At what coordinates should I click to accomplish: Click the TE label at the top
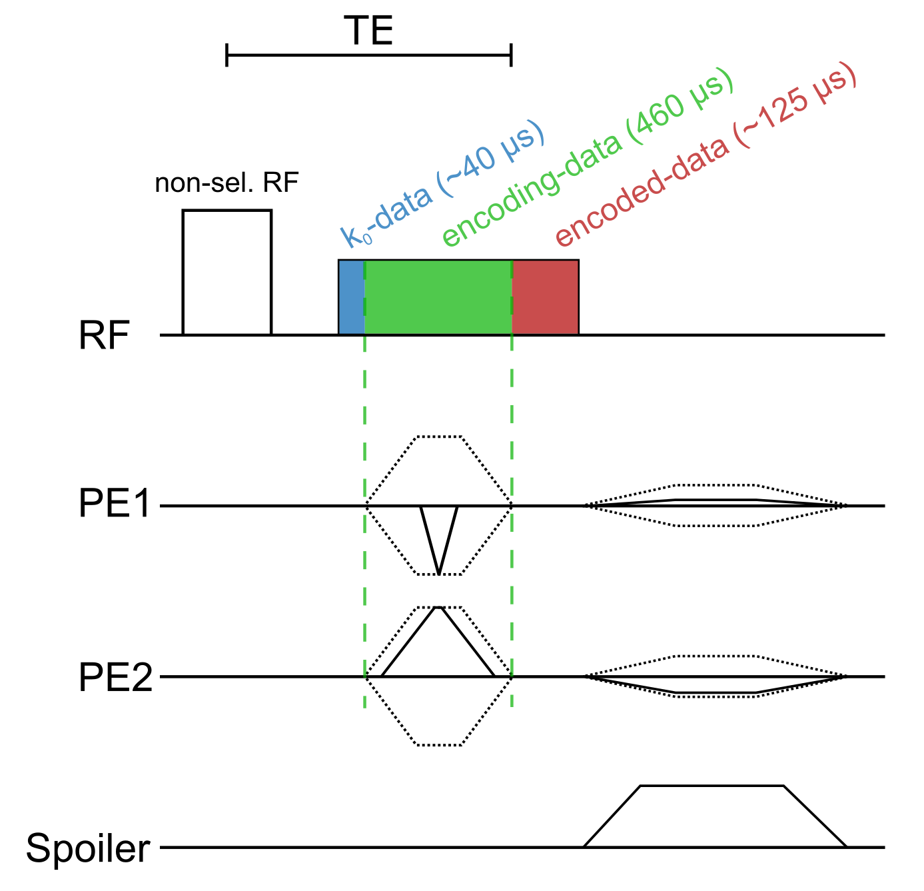coord(368,31)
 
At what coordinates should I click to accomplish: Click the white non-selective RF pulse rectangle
coord(227,273)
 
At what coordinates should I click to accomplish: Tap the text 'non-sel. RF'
coord(227,183)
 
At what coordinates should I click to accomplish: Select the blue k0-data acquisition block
coord(351,297)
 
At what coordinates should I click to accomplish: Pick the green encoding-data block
coord(438,297)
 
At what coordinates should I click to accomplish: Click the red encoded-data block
coord(546,297)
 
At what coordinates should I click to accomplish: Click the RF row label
coord(103,337)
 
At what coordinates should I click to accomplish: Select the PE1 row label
coord(115,504)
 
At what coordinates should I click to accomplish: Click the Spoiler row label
coord(88,849)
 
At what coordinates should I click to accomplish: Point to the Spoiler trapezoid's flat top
coord(711,786)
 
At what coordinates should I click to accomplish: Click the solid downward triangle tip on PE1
coord(438,572)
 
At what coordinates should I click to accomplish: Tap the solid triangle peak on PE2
coord(438,608)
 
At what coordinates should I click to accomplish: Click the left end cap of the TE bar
coord(227,55)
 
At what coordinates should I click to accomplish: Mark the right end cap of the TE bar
coord(511,55)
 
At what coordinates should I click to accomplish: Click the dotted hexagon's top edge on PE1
coord(438,437)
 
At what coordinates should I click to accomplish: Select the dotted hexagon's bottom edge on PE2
coord(438,744)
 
